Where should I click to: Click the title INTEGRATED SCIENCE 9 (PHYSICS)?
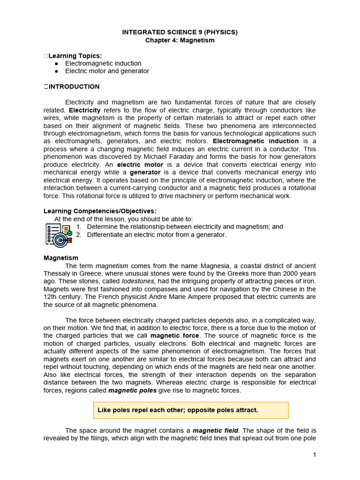[x=180, y=32]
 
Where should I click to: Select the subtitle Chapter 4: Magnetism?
[x=180, y=40]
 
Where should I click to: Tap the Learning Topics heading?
[x=75, y=56]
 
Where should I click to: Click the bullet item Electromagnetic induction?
[x=103, y=63]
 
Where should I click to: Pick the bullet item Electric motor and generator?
[x=107, y=71]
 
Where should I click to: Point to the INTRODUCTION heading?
[x=74, y=87]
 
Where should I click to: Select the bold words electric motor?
[x=140, y=165]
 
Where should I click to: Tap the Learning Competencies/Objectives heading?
[x=100, y=211]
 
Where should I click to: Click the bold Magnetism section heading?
[x=61, y=258]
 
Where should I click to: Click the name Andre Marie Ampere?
[x=185, y=297]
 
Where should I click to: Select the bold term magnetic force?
[x=175, y=336]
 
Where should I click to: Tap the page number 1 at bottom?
[x=315, y=455]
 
